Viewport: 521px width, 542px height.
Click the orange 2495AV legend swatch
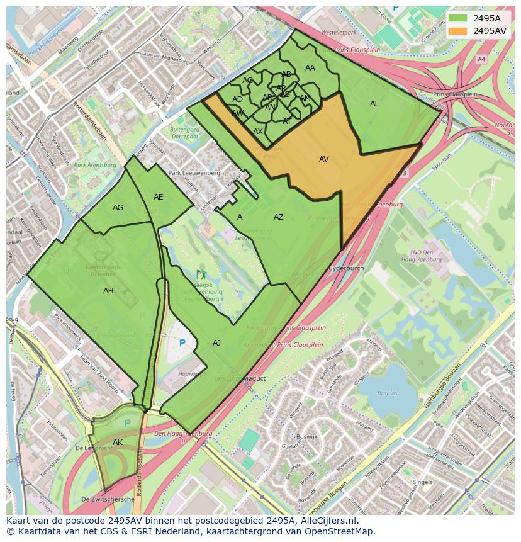(x=458, y=30)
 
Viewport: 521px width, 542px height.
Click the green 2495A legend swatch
(x=458, y=18)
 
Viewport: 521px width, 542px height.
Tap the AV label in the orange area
(x=323, y=159)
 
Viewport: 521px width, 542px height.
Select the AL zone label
(x=374, y=104)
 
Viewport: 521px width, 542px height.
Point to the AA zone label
(x=310, y=68)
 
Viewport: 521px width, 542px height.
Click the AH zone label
(x=108, y=291)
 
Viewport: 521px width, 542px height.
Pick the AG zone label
(x=118, y=208)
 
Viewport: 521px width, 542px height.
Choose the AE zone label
(x=158, y=197)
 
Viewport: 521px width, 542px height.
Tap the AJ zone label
(x=216, y=343)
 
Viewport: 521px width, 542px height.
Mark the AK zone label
(x=118, y=443)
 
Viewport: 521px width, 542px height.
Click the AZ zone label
(x=278, y=217)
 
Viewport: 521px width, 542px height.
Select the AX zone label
(x=258, y=132)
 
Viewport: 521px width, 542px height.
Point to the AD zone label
(x=237, y=99)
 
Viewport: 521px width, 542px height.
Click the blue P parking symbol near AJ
(x=182, y=344)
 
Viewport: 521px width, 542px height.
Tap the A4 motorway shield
(x=481, y=59)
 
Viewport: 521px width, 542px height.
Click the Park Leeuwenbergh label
(x=196, y=173)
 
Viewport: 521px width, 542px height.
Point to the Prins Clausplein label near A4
(x=455, y=94)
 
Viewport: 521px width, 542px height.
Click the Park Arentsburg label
(x=95, y=165)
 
